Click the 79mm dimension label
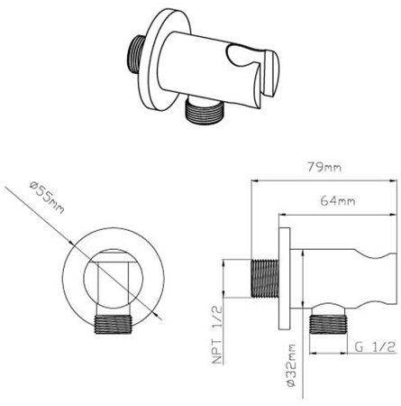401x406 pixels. (324, 167)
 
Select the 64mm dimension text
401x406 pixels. (338, 200)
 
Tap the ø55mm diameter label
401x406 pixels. (47, 198)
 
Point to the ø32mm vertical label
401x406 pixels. (291, 365)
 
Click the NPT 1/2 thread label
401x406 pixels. (217, 335)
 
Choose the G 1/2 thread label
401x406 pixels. (375, 347)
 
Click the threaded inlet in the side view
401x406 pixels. (265, 278)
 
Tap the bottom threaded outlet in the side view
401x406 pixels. (329, 325)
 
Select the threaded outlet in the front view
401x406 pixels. (114, 325)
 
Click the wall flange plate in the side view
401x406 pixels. (285, 279)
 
